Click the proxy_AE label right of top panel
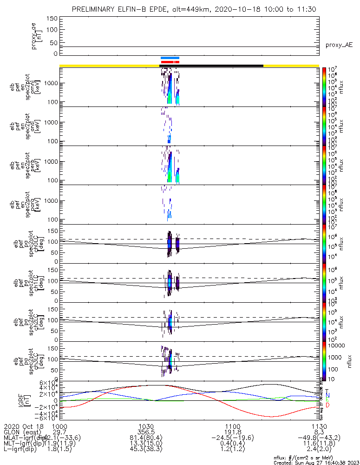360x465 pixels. coord(339,45)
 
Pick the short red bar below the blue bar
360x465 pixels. coord(170,62)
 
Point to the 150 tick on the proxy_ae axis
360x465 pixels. coord(52,18)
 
